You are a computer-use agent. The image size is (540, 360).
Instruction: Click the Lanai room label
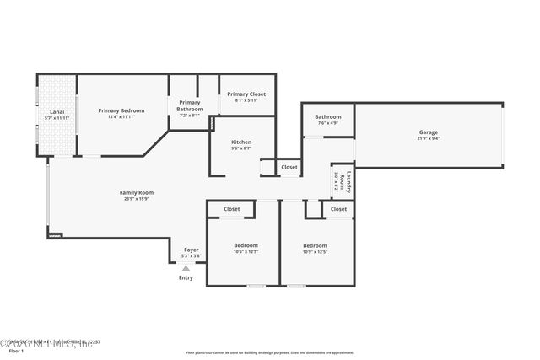pos(57,110)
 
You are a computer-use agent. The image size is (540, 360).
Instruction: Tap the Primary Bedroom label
pos(121,110)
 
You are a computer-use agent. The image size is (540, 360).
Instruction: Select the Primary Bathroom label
pos(189,105)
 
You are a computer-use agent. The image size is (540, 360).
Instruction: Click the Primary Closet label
pos(246,94)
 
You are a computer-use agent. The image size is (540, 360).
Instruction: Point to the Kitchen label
pos(241,142)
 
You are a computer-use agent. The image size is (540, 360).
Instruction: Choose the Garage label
pos(429,132)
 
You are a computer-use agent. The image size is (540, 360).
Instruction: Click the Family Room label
pos(136,192)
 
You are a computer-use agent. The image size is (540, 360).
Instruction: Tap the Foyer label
pos(191,250)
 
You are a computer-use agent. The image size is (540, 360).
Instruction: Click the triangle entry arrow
pos(186,268)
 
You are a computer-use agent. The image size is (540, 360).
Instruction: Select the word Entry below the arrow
pos(186,278)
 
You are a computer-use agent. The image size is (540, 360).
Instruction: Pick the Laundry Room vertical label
pos(347,180)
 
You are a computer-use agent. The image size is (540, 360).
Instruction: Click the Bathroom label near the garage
pos(328,116)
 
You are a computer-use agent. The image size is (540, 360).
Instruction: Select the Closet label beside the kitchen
pos(289,167)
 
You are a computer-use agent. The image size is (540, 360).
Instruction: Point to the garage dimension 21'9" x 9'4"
pos(429,139)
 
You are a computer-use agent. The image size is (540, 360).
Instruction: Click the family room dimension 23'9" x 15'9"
pos(136,199)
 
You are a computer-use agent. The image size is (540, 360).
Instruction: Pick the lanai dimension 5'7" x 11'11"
pos(57,117)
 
